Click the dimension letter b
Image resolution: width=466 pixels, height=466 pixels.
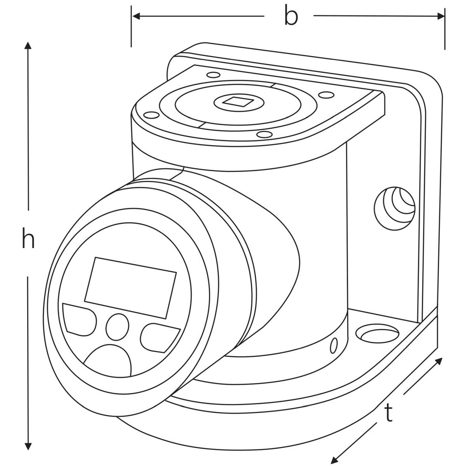coord(290,16)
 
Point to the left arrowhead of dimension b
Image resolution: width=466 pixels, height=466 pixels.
coord(135,16)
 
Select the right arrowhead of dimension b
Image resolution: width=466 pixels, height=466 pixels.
coord(442,16)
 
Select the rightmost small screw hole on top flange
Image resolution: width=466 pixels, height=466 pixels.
coord(325,95)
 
